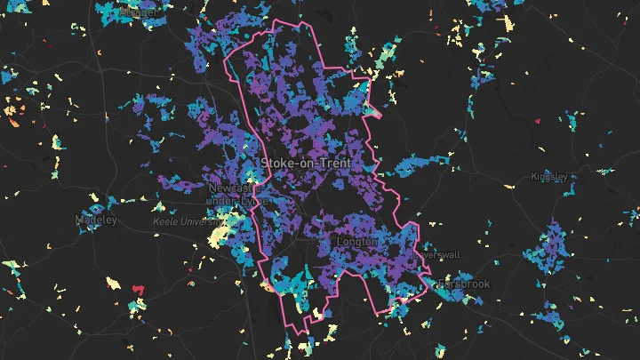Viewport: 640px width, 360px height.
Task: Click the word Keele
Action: (x=165, y=220)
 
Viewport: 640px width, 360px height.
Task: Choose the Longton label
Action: (x=358, y=242)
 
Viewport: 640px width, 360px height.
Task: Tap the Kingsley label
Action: (x=548, y=177)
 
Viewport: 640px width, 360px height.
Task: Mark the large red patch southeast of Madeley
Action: (x=138, y=288)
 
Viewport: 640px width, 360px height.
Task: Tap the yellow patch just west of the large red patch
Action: (x=114, y=284)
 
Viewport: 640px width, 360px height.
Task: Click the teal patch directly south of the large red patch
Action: (x=136, y=307)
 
